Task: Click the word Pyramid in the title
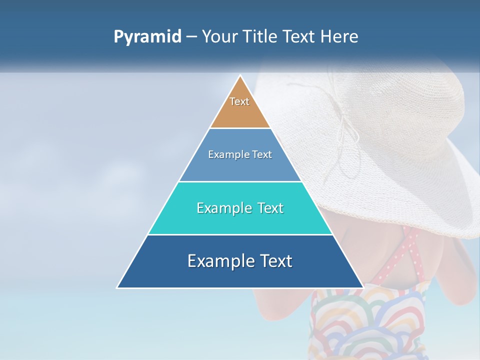click(x=147, y=37)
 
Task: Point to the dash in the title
click(x=191, y=37)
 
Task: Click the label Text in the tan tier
click(x=239, y=101)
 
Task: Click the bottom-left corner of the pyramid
click(x=117, y=287)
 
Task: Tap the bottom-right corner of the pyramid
click(x=363, y=287)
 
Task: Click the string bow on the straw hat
click(x=345, y=130)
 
